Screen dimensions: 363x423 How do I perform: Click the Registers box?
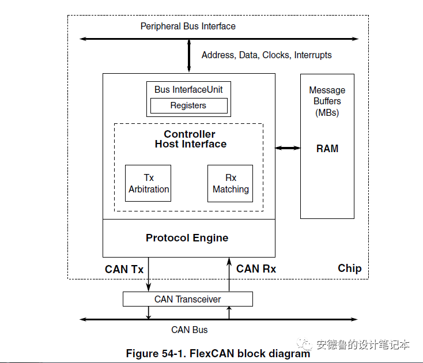(188, 105)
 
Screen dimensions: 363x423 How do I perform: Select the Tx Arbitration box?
(149, 183)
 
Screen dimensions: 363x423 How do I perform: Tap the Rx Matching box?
(231, 183)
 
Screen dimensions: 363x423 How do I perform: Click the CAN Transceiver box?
(188, 299)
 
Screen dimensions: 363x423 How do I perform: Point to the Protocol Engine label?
(187, 238)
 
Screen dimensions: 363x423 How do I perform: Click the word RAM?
(327, 149)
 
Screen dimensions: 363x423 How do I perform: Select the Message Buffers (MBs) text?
(327, 101)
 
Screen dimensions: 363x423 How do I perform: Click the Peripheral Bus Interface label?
(188, 26)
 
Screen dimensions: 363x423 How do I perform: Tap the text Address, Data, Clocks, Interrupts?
(266, 55)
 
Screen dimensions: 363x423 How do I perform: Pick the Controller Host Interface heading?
(190, 139)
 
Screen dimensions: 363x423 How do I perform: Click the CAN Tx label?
(124, 269)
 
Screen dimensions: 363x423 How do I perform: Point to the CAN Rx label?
(256, 269)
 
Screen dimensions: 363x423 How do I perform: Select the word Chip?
(349, 269)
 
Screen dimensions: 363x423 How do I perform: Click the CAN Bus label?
(189, 330)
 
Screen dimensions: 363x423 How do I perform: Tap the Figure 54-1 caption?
(218, 354)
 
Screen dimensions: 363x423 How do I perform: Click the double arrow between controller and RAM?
(288, 148)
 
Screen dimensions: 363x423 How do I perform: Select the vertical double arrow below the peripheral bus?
(189, 56)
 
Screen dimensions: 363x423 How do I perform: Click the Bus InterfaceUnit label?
(188, 89)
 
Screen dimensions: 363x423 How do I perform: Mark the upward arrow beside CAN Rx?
(229, 274)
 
